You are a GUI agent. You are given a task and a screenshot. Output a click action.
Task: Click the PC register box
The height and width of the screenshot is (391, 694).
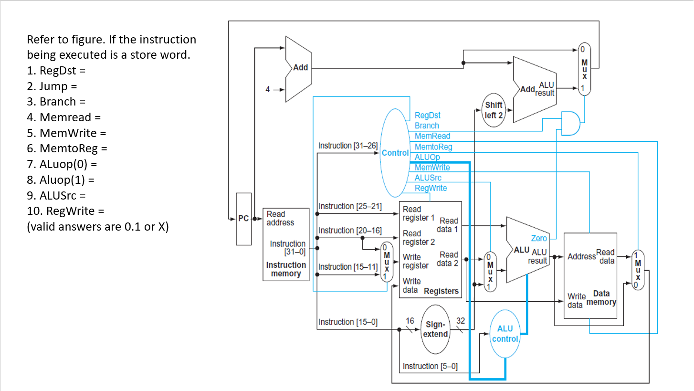(x=243, y=219)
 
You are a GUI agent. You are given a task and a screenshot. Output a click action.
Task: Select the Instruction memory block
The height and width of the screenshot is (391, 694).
(x=286, y=244)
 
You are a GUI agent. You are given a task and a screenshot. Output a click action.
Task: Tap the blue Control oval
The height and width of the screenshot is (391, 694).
(x=395, y=153)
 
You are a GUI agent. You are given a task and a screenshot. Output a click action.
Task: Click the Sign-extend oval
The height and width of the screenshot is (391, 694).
(x=435, y=329)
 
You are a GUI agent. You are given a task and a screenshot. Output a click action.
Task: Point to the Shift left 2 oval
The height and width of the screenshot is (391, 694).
(x=494, y=110)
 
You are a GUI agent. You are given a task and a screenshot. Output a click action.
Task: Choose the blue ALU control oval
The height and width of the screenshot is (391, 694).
(x=505, y=334)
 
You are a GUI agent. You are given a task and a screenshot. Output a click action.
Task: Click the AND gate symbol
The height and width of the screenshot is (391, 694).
(x=570, y=124)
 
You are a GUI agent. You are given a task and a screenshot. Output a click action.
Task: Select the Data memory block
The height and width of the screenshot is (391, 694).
(x=590, y=275)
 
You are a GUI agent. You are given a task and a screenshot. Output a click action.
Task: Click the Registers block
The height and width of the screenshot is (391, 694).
(x=430, y=249)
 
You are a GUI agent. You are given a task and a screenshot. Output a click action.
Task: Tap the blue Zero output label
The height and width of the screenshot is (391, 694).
(x=539, y=238)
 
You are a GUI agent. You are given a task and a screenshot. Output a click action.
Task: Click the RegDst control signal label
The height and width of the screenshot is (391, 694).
(x=428, y=116)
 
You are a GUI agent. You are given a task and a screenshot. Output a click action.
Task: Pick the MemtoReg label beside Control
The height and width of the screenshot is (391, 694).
(x=433, y=147)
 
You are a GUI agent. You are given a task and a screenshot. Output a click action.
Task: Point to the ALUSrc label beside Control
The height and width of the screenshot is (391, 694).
(x=428, y=178)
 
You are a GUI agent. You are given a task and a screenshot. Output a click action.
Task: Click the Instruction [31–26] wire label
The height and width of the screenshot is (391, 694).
(x=348, y=146)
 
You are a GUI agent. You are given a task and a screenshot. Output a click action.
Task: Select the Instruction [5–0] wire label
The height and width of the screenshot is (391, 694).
(x=430, y=366)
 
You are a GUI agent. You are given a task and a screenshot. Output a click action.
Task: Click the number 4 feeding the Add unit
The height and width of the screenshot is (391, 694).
(x=268, y=89)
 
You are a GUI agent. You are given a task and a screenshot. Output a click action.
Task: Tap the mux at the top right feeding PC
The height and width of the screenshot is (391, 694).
(x=584, y=69)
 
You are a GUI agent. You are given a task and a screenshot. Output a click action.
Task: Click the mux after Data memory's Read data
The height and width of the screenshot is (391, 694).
(x=638, y=270)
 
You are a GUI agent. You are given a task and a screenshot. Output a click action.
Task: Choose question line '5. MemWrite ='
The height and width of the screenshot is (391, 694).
(x=66, y=133)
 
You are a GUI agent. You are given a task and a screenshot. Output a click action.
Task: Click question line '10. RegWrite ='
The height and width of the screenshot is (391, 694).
(x=65, y=211)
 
